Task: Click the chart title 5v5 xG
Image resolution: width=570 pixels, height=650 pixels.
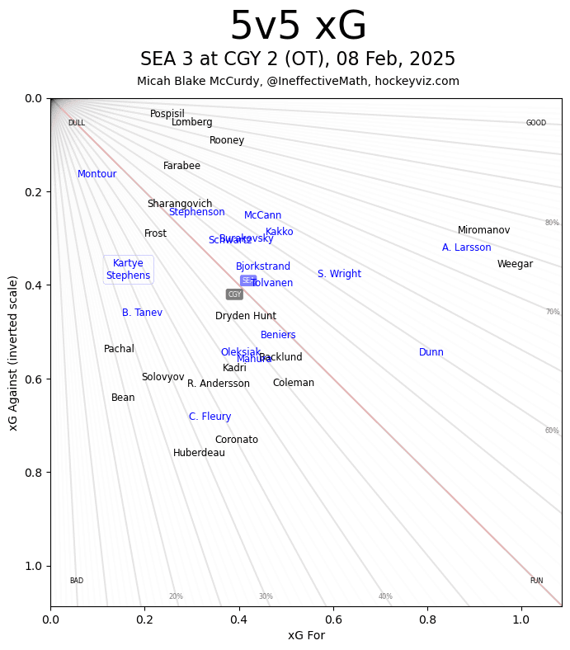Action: pos(298,27)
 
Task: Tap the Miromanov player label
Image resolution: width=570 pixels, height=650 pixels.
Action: pos(483,230)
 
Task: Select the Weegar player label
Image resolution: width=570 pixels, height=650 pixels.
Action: pos(515,264)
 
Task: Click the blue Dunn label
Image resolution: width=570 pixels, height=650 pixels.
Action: pos(431,352)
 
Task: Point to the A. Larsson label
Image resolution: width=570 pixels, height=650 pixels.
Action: pos(466,247)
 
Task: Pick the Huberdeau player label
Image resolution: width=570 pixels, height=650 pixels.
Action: pos(199,453)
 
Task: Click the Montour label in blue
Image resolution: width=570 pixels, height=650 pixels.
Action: pos(97,174)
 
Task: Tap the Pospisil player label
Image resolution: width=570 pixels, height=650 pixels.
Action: pos(167,114)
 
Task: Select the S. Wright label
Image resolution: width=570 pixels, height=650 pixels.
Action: pos(339,274)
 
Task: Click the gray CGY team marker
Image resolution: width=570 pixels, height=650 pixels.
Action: pos(234,294)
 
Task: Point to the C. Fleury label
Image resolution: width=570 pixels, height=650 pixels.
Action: pos(210,417)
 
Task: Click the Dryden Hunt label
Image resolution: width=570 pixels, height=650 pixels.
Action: pos(246,316)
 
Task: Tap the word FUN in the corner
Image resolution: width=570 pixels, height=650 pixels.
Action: pos(536,581)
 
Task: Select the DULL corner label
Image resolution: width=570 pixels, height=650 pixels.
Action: pos(76,123)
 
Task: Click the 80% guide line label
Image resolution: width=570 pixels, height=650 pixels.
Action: pos(552,223)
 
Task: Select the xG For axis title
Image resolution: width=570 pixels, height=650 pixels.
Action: pos(306,635)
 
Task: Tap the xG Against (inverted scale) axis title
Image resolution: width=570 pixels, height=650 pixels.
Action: pos(13,352)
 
